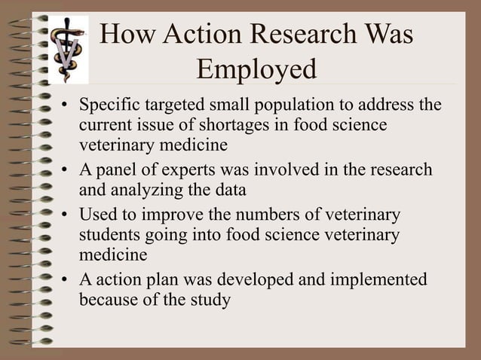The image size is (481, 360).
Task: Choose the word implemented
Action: [x=372, y=280]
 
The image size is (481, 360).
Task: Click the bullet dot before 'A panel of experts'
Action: [x=66, y=170]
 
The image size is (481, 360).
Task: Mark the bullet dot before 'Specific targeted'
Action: [x=66, y=105]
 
